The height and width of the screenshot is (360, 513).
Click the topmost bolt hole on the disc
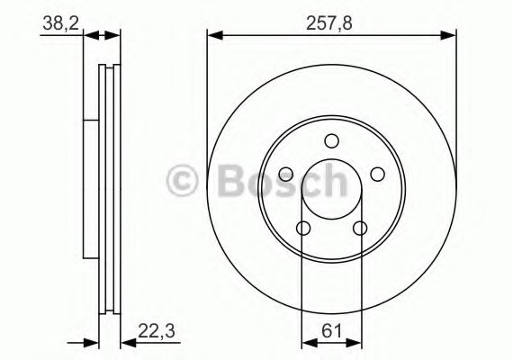click(331, 140)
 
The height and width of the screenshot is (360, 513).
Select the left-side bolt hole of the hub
click(286, 174)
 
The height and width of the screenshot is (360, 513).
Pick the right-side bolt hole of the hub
click(377, 174)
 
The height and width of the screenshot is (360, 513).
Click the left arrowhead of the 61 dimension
click(307, 342)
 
